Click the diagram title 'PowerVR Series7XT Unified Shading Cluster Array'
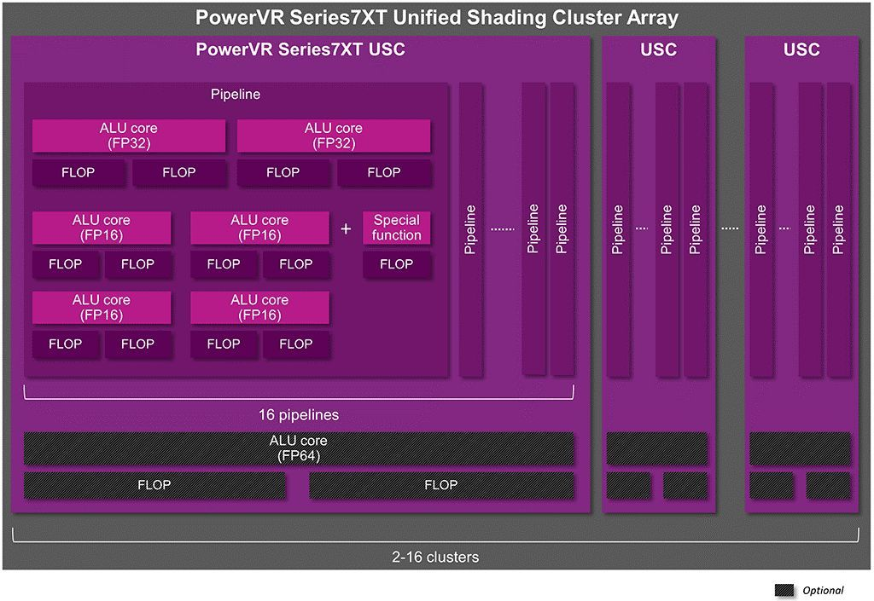click(436, 17)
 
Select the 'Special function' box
click(396, 228)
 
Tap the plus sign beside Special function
click(346, 228)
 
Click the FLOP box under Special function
click(396, 264)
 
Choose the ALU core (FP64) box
click(298, 448)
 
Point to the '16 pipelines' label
click(299, 414)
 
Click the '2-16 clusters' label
click(435, 557)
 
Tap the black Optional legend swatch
click(784, 590)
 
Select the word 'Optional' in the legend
click(823, 591)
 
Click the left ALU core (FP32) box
click(129, 136)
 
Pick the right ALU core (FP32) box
click(334, 136)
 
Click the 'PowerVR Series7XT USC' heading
click(300, 49)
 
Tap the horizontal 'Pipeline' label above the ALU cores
click(236, 94)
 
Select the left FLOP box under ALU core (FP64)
click(154, 485)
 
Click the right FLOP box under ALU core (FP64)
click(441, 485)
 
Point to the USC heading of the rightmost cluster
click(801, 49)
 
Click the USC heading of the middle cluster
click(658, 49)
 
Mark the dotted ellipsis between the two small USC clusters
click(730, 228)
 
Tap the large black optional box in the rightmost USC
click(801, 448)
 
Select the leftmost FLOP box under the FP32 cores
click(78, 172)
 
